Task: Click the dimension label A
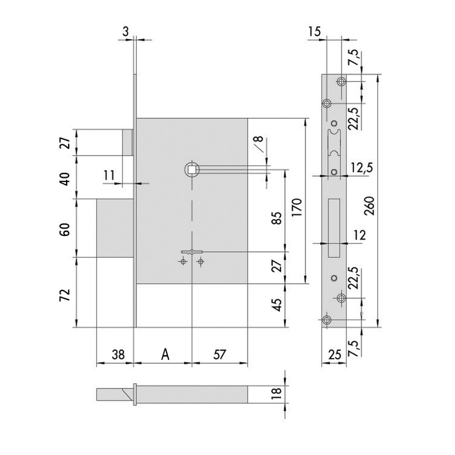pyautogui.click(x=165, y=354)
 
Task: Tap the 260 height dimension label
pyautogui.click(x=369, y=206)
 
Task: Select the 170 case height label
pyautogui.click(x=297, y=208)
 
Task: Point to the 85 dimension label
pyautogui.click(x=278, y=218)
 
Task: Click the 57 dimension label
pyautogui.click(x=220, y=354)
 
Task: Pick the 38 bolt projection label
pyautogui.click(x=118, y=354)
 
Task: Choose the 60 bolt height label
pyautogui.click(x=65, y=229)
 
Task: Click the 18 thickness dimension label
pyautogui.click(x=278, y=394)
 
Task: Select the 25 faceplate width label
pyautogui.click(x=334, y=354)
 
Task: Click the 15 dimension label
pyautogui.click(x=315, y=31)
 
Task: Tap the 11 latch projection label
pyautogui.click(x=109, y=175)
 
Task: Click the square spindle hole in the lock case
pyautogui.click(x=192, y=169)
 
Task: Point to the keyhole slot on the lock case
pyautogui.click(x=192, y=252)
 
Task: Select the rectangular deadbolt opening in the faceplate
pyautogui.click(x=334, y=227)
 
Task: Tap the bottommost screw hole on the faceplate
pyautogui.click(x=326, y=320)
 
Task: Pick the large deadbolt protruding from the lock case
pyautogui.click(x=115, y=228)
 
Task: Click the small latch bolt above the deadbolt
pyautogui.click(x=127, y=142)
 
